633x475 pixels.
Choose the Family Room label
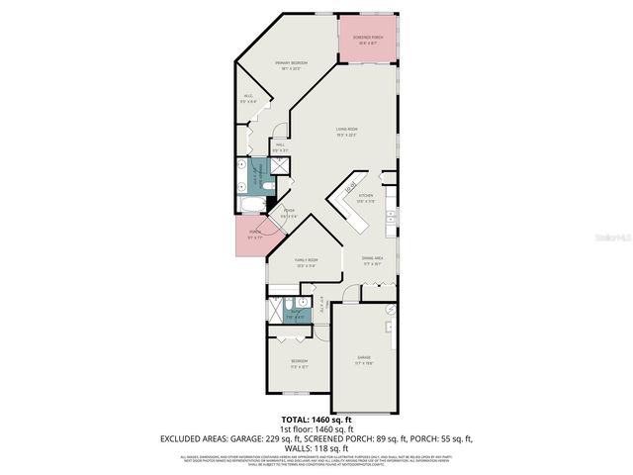coord(306,262)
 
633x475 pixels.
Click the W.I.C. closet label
coord(248,99)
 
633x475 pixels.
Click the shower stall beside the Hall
coord(280,166)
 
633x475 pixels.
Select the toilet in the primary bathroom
coord(243,184)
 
